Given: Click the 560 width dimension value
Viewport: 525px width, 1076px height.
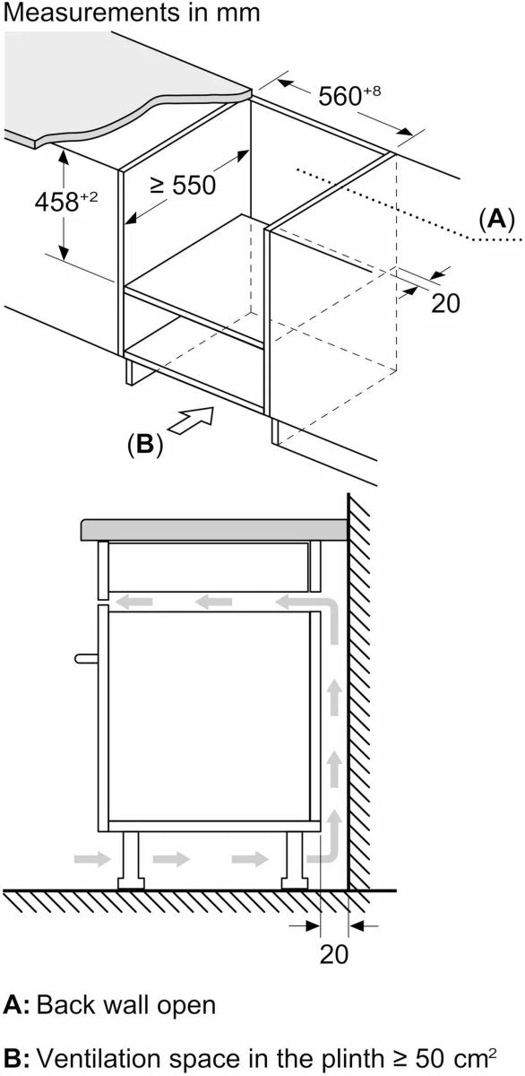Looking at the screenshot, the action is click(349, 95).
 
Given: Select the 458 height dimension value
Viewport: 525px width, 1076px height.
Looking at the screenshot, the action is click(65, 201).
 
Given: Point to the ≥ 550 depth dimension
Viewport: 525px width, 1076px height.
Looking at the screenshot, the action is click(183, 185).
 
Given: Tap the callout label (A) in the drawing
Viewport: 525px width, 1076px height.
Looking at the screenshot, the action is click(496, 220).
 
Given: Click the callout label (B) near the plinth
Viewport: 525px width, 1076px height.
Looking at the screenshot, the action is click(145, 445).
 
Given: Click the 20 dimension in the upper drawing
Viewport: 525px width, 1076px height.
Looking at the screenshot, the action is click(445, 303).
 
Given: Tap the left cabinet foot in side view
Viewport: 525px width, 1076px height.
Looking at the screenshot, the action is click(131, 861).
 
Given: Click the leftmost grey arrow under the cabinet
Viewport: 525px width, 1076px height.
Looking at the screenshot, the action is click(92, 858).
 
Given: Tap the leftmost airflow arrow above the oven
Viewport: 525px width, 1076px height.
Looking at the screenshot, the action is click(136, 601).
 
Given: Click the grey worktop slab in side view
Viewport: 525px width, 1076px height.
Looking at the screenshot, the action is click(214, 529).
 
